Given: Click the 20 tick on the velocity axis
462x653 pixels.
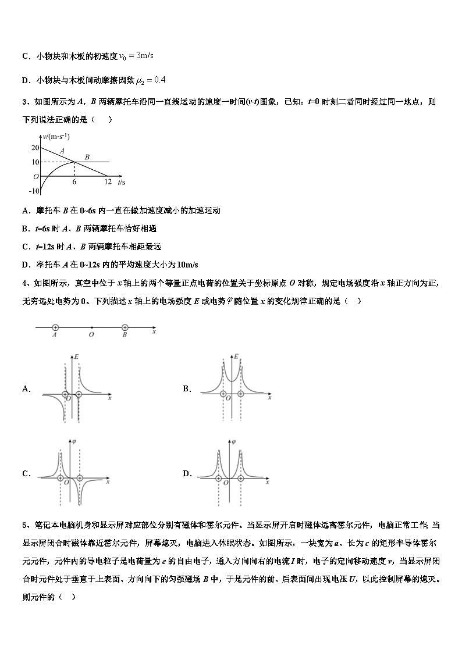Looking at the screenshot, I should pyautogui.click(x=34, y=148).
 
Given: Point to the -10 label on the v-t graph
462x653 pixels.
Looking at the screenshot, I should pyautogui.click(x=34, y=191).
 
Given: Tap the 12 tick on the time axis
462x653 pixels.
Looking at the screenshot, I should pyautogui.click(x=108, y=181).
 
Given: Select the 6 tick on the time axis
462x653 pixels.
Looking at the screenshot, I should pyautogui.click(x=74, y=181).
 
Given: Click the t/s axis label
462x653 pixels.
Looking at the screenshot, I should pyautogui.click(x=121, y=182).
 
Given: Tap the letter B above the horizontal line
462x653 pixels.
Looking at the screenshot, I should pyautogui.click(x=87, y=157).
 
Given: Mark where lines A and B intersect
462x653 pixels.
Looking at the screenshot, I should pyautogui.click(x=74, y=162).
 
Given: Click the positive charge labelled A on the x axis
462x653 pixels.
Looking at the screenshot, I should pyautogui.click(x=55, y=328).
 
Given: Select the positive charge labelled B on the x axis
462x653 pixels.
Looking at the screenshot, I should pyautogui.click(x=125, y=328).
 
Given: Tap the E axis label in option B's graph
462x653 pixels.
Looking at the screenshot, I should pyautogui.click(x=236, y=355).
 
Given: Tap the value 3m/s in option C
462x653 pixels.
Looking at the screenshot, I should pyautogui.click(x=144, y=55).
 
